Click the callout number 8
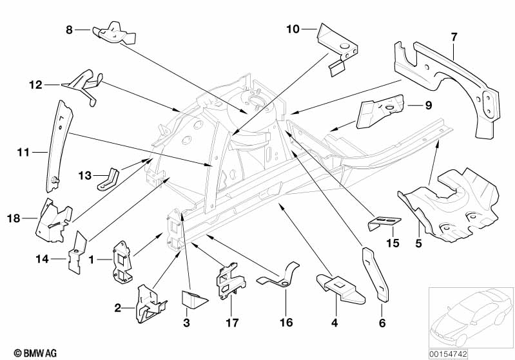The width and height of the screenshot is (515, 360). point(70,30)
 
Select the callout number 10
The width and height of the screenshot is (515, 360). point(293,28)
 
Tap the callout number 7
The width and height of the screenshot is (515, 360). point(454,37)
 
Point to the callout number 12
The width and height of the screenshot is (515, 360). point(35,84)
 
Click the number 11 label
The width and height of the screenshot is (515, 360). point(24,153)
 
